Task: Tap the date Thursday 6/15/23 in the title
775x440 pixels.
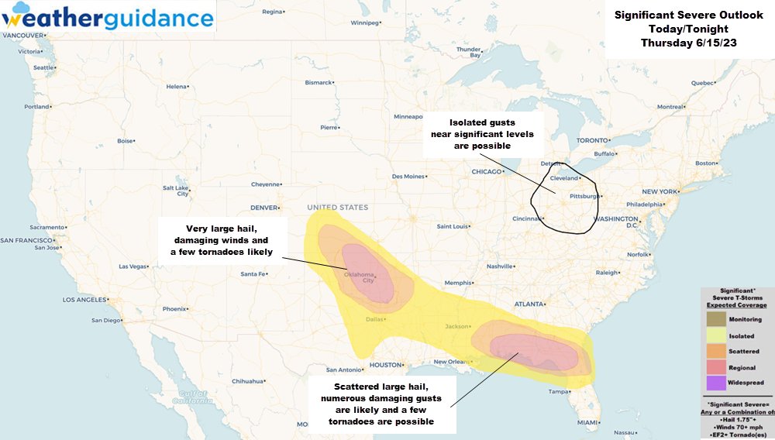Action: pos(688,43)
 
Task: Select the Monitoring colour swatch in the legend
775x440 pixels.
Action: pos(717,319)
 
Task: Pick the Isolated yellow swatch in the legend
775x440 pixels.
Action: pos(717,335)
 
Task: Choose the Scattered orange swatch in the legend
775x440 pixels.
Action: pos(717,351)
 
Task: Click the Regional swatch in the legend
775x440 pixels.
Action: pos(717,367)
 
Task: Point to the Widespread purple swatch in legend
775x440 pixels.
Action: pos(717,383)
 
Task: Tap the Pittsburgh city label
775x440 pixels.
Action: pos(582,196)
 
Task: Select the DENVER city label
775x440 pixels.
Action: pos(264,208)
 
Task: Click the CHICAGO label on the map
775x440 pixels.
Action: pos(487,171)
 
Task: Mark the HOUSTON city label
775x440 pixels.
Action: pos(384,365)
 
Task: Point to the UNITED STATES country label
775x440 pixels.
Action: pos(337,208)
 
